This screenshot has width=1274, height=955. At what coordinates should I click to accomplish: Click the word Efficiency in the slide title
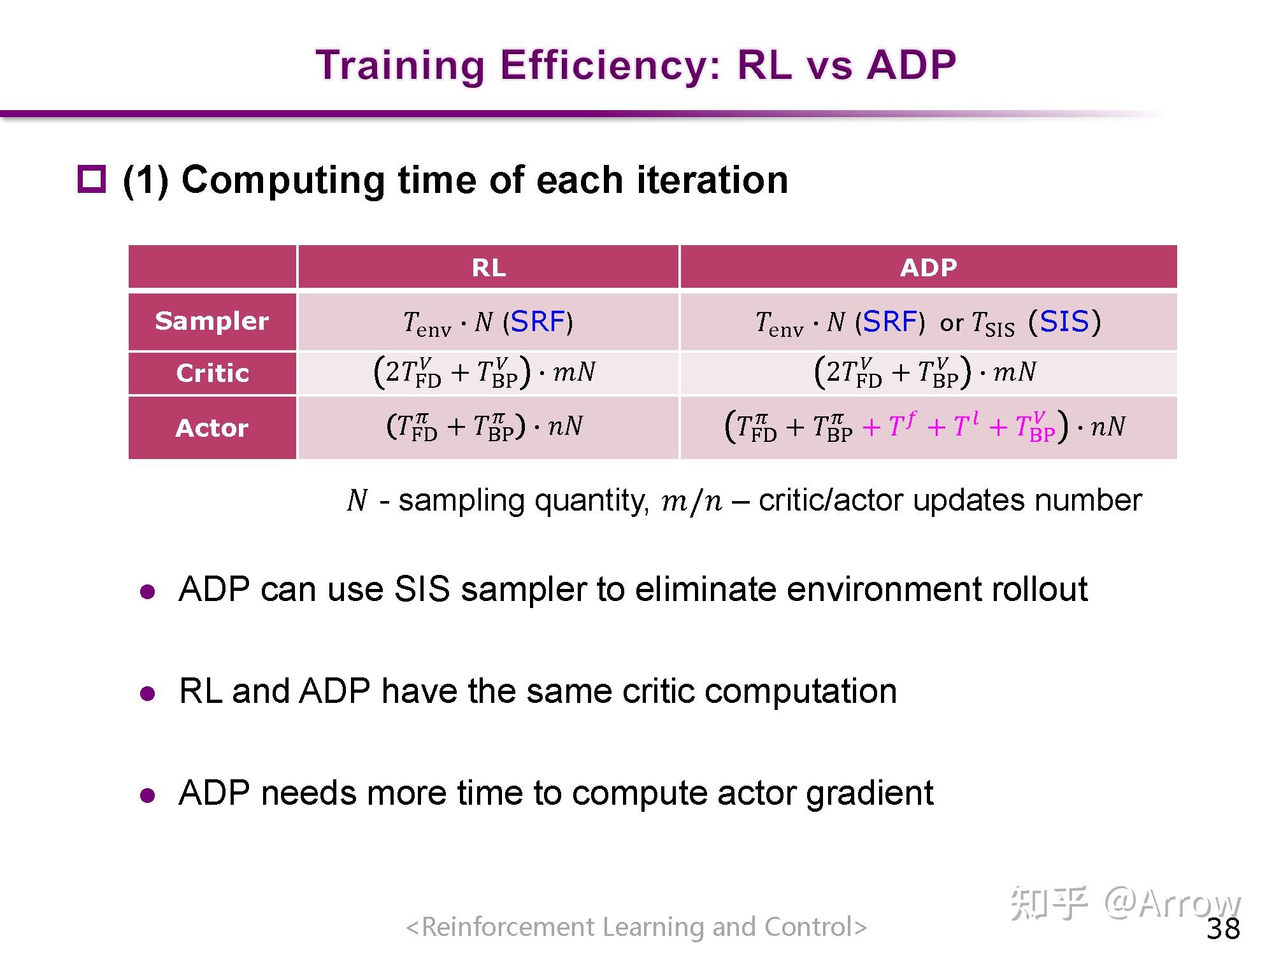click(610, 66)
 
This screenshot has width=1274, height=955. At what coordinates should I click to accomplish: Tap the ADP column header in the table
click(928, 267)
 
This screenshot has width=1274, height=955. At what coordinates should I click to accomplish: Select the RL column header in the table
click(489, 267)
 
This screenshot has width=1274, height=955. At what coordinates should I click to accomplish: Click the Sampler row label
click(212, 321)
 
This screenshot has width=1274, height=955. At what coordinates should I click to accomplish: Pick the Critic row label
click(212, 373)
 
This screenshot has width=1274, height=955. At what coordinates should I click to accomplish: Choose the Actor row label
click(212, 428)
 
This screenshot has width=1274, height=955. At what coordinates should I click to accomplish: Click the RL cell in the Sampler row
click(488, 322)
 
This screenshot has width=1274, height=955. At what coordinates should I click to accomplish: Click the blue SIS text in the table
click(1064, 322)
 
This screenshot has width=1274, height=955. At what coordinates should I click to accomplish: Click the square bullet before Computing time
click(92, 179)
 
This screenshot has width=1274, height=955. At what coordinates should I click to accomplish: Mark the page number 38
click(1224, 929)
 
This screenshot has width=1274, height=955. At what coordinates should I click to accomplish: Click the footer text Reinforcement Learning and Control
click(637, 927)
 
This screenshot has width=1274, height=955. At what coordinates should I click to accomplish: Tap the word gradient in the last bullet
click(870, 793)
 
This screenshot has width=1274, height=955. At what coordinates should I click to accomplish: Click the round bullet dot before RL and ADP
click(148, 693)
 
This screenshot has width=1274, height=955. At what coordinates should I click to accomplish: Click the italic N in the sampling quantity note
click(357, 500)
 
